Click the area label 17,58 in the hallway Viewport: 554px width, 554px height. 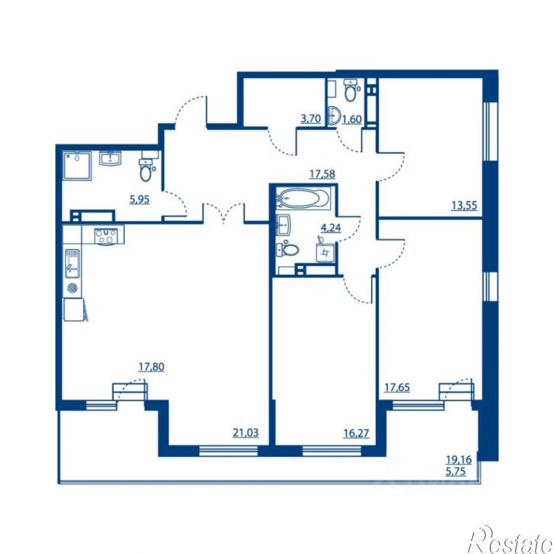pyautogui.click(x=322, y=173)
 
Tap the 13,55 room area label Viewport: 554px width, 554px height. pyautogui.click(x=465, y=206)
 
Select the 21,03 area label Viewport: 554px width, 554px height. pyautogui.click(x=245, y=433)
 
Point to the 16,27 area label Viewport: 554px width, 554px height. pyautogui.click(x=356, y=433)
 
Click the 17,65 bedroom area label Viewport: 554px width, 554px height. pyautogui.click(x=397, y=387)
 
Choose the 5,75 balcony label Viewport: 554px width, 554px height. pyautogui.click(x=455, y=471)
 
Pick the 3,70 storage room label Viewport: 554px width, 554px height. pyautogui.click(x=311, y=118)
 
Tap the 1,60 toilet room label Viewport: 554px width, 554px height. pyautogui.click(x=352, y=119)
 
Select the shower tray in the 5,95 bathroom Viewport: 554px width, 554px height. pyautogui.click(x=77, y=165)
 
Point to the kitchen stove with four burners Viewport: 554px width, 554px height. pyautogui.click(x=106, y=236)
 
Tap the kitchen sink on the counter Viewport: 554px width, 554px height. pyautogui.click(x=73, y=263)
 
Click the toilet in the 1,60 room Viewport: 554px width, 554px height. pyautogui.click(x=351, y=89)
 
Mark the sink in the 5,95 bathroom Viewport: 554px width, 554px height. pyautogui.click(x=111, y=159)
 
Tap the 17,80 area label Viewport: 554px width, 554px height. pyautogui.click(x=151, y=367)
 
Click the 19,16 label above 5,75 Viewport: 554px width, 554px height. pyautogui.click(x=459, y=460)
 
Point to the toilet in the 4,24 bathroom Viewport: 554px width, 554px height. pyautogui.click(x=288, y=250)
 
